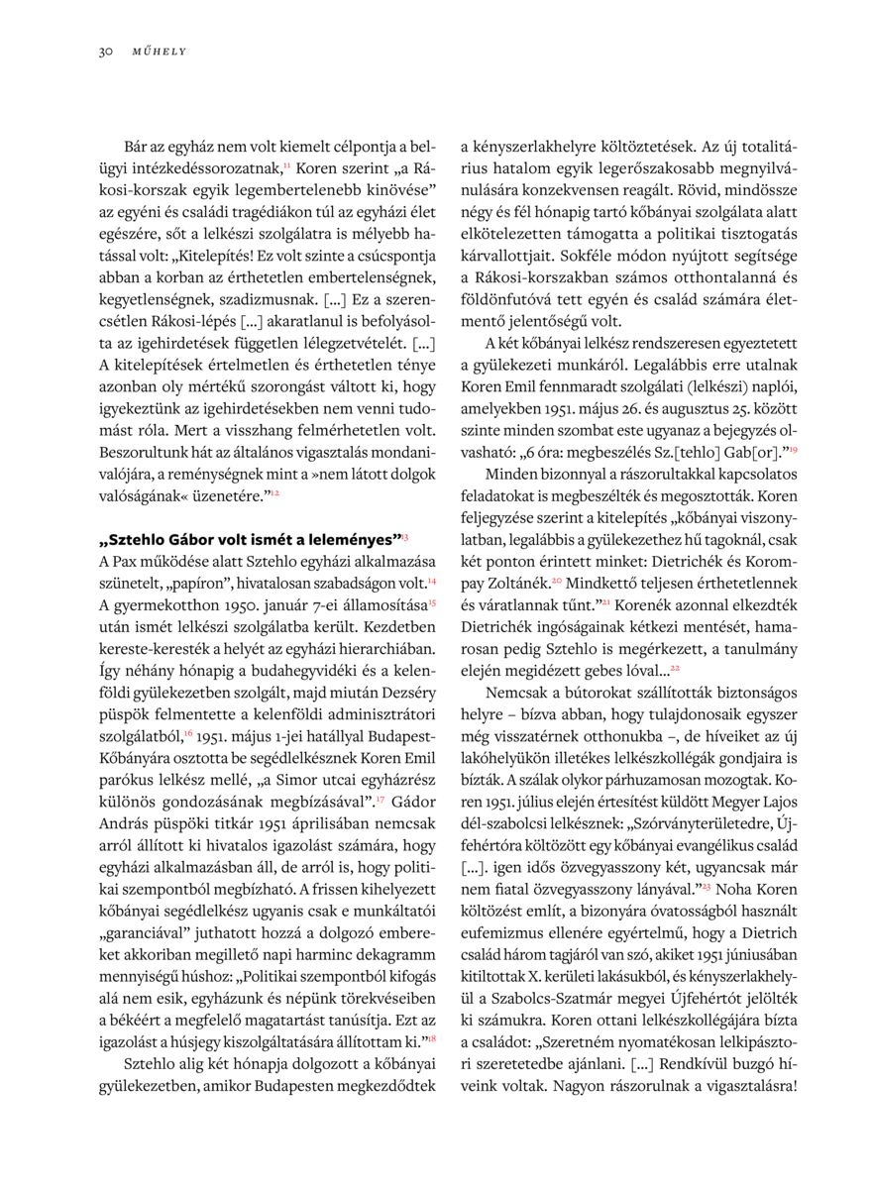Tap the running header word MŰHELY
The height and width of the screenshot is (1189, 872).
(x=160, y=52)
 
